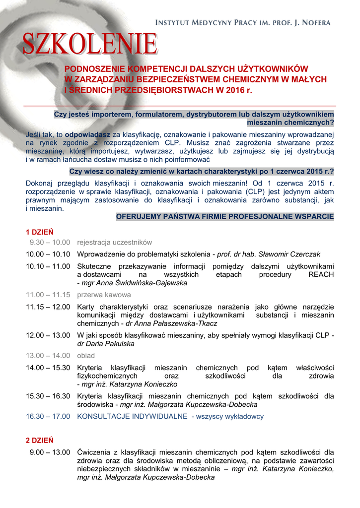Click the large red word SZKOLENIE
(x=90, y=44)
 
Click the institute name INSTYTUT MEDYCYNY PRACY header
(x=243, y=23)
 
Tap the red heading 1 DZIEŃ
(x=40, y=232)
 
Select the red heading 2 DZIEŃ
(x=40, y=440)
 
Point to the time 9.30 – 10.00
(x=50, y=243)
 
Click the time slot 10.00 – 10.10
(x=48, y=254)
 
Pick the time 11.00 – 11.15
(x=48, y=295)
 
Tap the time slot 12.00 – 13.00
(x=48, y=335)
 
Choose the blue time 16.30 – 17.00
(x=48, y=417)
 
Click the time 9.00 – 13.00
(x=50, y=452)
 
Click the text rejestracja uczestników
(x=114, y=243)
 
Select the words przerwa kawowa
(x=104, y=295)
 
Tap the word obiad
(x=86, y=356)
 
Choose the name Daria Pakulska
(x=106, y=343)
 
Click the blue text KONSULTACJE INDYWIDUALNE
(x=132, y=417)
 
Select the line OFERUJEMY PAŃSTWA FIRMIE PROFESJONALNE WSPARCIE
(x=225, y=217)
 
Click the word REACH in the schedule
(x=321, y=274)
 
